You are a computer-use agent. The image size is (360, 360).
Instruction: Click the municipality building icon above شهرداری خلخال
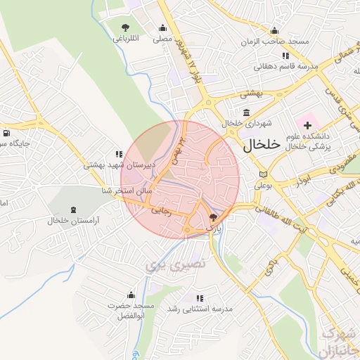pyautogui.click(x=246, y=112)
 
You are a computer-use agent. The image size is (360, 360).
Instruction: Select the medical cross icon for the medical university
pyautogui.click(x=307, y=124)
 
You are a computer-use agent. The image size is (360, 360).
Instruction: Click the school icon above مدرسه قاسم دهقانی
pyautogui.click(x=285, y=56)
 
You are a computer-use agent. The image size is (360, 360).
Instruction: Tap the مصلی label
pyautogui.click(x=162, y=39)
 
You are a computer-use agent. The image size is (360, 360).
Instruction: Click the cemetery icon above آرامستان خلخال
pyautogui.click(x=74, y=210)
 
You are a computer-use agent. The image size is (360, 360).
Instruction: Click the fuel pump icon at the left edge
pyautogui.click(x=6, y=133)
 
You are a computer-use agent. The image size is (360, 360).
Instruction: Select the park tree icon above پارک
pyautogui.click(x=214, y=218)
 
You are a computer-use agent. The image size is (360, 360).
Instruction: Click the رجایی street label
pyautogui.click(x=161, y=210)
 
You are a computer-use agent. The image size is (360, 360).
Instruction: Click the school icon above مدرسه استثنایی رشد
pyautogui.click(x=200, y=298)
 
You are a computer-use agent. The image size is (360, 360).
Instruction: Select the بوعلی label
pyautogui.click(x=263, y=186)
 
